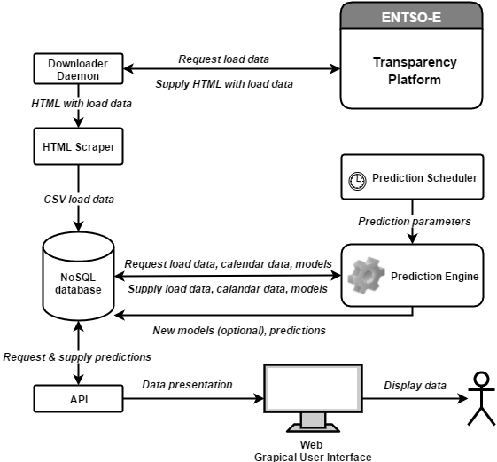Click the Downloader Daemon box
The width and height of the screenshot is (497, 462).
(x=78, y=69)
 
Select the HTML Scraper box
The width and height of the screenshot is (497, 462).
(x=78, y=146)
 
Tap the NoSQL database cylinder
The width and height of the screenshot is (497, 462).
(x=78, y=277)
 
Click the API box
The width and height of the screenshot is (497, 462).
(x=78, y=399)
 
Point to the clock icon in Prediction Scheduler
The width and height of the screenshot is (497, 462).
(x=357, y=181)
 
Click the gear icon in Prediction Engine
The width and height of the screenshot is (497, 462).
(x=367, y=275)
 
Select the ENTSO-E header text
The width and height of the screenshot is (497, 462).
(x=411, y=17)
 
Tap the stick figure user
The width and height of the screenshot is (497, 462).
(x=481, y=398)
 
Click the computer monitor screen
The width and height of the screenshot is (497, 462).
(x=313, y=388)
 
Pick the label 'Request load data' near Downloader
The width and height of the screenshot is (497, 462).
(x=224, y=59)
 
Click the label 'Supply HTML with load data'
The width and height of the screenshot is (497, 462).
(x=224, y=84)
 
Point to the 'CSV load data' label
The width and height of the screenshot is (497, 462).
(x=79, y=200)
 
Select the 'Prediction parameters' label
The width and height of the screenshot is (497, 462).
(x=415, y=221)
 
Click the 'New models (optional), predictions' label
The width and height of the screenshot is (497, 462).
(x=239, y=331)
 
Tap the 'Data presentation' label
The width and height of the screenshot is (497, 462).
(x=187, y=385)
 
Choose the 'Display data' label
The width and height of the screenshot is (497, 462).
(x=415, y=386)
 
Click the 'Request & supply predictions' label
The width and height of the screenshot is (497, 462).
(x=77, y=357)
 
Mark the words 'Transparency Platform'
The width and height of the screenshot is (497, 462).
(x=415, y=71)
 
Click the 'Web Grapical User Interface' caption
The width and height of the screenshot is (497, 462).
(x=313, y=450)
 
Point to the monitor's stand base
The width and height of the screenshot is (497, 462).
(x=313, y=428)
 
